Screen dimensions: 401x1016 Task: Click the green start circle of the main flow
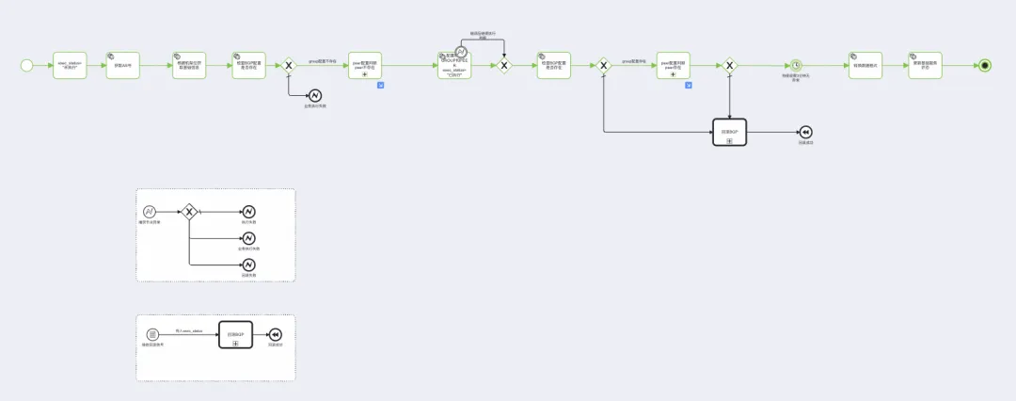26,65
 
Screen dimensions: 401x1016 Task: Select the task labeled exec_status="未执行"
70,65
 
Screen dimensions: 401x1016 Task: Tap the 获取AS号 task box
123,65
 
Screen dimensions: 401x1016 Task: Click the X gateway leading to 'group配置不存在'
289,65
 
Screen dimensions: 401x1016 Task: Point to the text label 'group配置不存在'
323,60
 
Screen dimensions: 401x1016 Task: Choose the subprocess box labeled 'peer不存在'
365,65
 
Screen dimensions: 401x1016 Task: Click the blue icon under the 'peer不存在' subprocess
381,86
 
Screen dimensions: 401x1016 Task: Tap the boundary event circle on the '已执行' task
461,53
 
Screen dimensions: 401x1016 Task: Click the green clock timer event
796,65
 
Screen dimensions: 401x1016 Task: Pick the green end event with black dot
985,65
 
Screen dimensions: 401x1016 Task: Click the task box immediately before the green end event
925,65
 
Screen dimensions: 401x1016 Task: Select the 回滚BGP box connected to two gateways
729,133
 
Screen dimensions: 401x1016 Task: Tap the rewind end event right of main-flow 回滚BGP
805,133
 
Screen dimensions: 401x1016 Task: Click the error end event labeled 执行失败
249,212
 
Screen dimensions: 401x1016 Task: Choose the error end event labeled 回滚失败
249,265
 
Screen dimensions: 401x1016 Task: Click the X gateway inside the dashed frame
189,212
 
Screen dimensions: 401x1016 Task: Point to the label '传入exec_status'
189,331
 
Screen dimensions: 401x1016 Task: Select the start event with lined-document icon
152,335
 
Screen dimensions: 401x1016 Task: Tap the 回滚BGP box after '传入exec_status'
235,335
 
